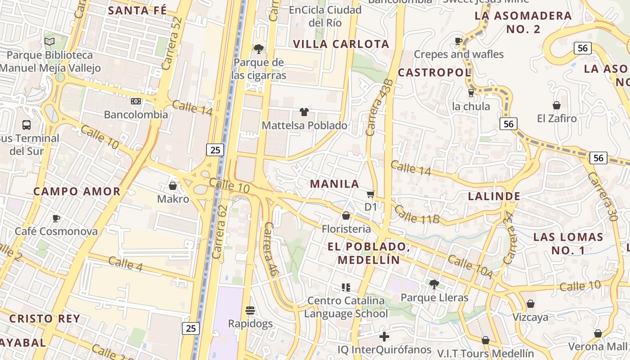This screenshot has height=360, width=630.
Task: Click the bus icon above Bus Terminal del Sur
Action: [27, 125]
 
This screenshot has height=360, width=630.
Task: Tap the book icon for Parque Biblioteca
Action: [49, 42]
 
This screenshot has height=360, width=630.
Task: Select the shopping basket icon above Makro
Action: [173, 186]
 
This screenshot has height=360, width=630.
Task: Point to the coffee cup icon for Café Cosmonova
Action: [56, 219]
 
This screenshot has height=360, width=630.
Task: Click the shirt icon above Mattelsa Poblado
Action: [304, 112]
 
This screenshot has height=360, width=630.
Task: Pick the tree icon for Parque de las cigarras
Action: [259, 49]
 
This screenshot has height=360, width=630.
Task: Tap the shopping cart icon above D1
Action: [370, 194]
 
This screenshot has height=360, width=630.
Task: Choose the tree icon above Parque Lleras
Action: [434, 284]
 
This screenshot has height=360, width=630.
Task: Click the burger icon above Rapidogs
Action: [250, 310]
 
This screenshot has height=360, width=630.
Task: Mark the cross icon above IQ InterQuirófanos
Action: [384, 336]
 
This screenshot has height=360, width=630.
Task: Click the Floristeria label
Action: [346, 229]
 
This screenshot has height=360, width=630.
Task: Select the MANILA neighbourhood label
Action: [335, 184]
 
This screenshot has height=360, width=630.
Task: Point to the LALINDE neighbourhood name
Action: [494, 196]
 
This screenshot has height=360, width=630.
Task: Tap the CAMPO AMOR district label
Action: [77, 191]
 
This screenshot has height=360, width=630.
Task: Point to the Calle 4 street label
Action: [126, 264]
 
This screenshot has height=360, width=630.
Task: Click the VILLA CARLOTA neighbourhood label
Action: [341, 44]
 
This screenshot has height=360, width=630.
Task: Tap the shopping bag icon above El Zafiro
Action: [557, 105]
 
